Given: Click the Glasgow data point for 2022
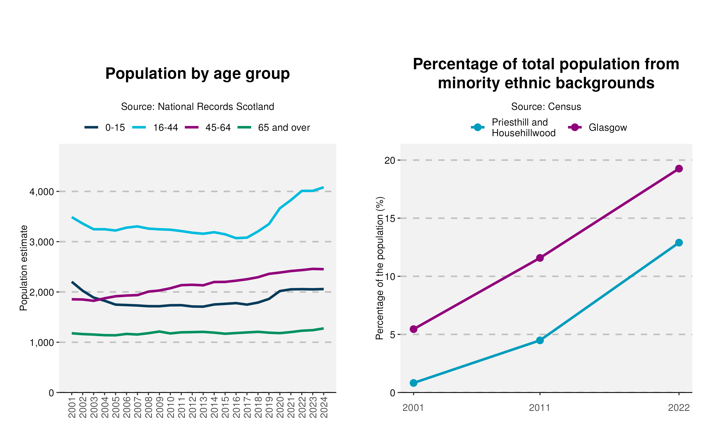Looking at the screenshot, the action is [x=679, y=169].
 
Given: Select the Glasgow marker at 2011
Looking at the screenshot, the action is [x=540, y=258].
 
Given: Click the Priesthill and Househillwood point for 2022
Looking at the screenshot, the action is [x=679, y=243].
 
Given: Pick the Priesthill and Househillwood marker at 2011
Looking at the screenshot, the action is [x=540, y=340].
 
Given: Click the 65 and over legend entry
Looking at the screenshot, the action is [x=274, y=127].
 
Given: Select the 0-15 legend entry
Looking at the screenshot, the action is [x=105, y=127].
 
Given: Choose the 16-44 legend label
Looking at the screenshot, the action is [x=165, y=127].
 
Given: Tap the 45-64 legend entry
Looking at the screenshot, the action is [x=208, y=127].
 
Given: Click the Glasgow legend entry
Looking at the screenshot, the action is [x=597, y=127].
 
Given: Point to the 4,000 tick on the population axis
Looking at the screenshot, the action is [x=42, y=192].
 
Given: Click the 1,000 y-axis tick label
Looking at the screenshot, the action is [x=42, y=342].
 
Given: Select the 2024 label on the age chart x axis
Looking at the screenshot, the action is [x=324, y=407].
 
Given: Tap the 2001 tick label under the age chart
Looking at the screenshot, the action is [x=72, y=407].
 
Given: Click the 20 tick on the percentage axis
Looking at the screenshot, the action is [x=390, y=160].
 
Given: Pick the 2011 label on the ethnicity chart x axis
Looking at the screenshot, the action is [x=540, y=408].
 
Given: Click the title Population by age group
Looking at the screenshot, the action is [x=197, y=74].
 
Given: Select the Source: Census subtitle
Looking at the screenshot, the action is [x=546, y=107].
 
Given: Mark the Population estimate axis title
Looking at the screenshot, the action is [x=23, y=268].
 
